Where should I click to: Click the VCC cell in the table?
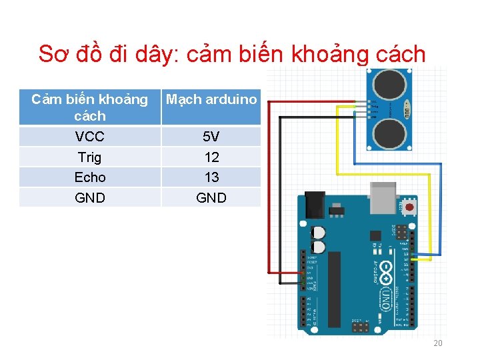(x=89, y=137)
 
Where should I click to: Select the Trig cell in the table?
(x=89, y=157)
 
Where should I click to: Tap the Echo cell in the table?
(x=89, y=177)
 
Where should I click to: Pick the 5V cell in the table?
(x=211, y=137)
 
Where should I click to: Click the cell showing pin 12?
(x=211, y=157)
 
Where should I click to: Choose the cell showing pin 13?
(x=211, y=177)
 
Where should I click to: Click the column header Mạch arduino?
(x=211, y=99)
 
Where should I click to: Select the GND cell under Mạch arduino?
(x=211, y=198)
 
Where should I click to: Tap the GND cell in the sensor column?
(x=89, y=198)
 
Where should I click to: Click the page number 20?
(x=438, y=343)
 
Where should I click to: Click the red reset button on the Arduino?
(x=408, y=208)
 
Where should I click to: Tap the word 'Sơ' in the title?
(x=51, y=53)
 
